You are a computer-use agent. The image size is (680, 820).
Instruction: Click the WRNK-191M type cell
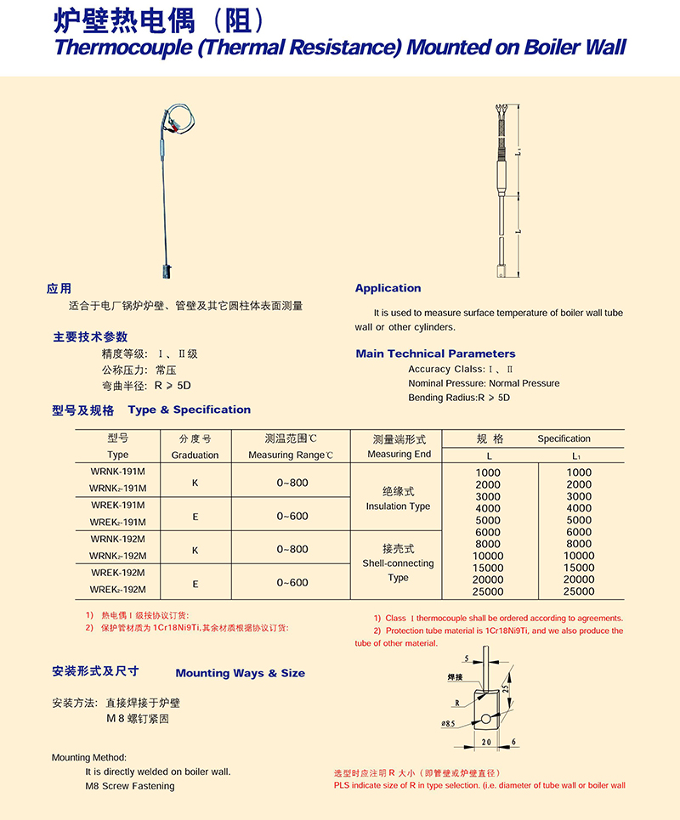pyautogui.click(x=118, y=472)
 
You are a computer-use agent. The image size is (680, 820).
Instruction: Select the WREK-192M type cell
pyautogui.click(x=118, y=573)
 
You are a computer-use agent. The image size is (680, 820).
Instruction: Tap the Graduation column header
pyautogui.click(x=195, y=455)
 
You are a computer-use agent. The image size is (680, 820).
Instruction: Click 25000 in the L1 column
pyautogui.click(x=579, y=591)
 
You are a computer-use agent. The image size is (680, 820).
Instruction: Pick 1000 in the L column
pyautogui.click(x=488, y=472)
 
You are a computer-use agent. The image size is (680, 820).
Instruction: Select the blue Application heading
pyautogui.click(x=388, y=288)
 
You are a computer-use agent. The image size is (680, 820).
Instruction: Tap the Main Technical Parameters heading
pyautogui.click(x=435, y=353)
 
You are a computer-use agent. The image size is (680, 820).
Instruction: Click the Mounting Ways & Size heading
pyautogui.click(x=240, y=673)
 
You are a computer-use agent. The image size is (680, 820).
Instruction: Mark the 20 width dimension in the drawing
pyautogui.click(x=484, y=742)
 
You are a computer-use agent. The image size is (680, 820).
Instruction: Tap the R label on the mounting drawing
pyautogui.click(x=456, y=704)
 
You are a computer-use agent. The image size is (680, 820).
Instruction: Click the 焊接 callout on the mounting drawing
pyautogui.click(x=456, y=677)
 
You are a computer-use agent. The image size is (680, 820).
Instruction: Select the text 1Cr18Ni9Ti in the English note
pyautogui.click(x=513, y=631)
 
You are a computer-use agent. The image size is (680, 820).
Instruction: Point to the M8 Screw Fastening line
pyautogui.click(x=130, y=786)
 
